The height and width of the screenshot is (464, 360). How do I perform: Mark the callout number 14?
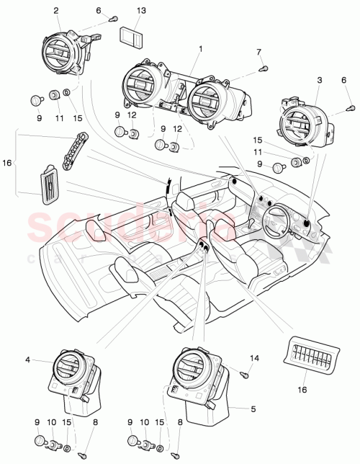tap(253, 357)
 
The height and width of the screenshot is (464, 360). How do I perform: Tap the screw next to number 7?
tap(263, 68)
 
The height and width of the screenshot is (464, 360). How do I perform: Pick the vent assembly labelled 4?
tap(72, 376)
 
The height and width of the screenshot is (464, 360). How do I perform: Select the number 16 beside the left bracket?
tap(8, 164)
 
